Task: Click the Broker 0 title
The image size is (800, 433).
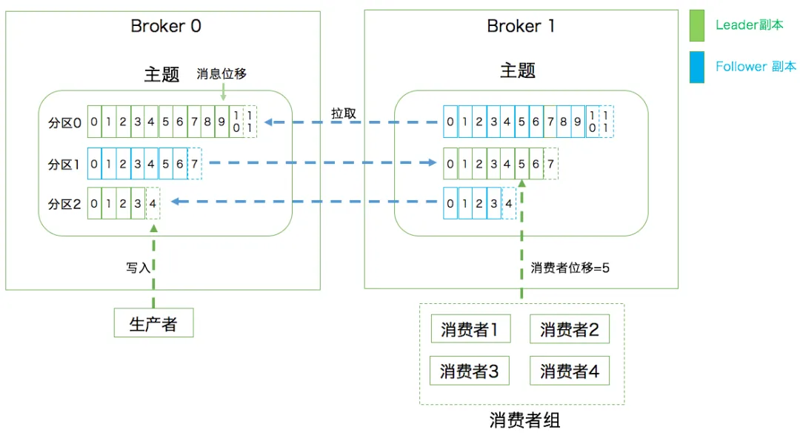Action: [x=166, y=26]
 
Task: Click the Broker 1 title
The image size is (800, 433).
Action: [x=521, y=26]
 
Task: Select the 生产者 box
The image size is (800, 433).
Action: [x=153, y=323]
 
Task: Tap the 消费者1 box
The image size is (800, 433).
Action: [x=470, y=329]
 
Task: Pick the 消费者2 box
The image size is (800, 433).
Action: [x=569, y=329]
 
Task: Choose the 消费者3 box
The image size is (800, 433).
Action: [x=470, y=371]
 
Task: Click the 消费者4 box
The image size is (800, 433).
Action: [x=569, y=371]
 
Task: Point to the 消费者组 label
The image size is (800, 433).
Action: [x=524, y=420]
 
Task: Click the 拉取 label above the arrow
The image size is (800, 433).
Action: [x=344, y=113]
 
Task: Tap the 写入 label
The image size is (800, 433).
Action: [x=138, y=268]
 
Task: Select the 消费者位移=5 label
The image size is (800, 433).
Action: [x=570, y=268]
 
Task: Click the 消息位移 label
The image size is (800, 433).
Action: [x=221, y=74]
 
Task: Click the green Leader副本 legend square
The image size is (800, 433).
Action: [x=697, y=25]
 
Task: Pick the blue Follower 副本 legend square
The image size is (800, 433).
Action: [x=697, y=67]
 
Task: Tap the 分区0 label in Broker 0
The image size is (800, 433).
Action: [x=64, y=122]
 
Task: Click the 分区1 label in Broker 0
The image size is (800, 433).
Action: [x=64, y=164]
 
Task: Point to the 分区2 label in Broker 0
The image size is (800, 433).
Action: [x=64, y=204]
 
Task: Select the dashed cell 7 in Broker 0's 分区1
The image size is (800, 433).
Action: [x=195, y=164]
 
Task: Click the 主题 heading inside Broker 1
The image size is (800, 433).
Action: [x=518, y=70]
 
